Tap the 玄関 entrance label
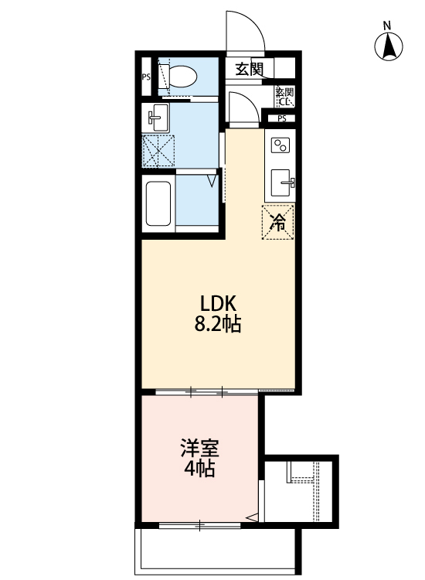(249, 69)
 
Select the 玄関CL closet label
(284, 97)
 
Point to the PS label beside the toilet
(145, 77)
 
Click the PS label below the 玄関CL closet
(281, 118)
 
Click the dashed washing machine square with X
(159, 150)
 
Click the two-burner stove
(280, 144)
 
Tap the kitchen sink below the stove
(281, 183)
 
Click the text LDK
(208, 302)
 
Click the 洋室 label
(199, 448)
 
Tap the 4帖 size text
(199, 469)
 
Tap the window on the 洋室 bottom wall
(199, 527)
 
